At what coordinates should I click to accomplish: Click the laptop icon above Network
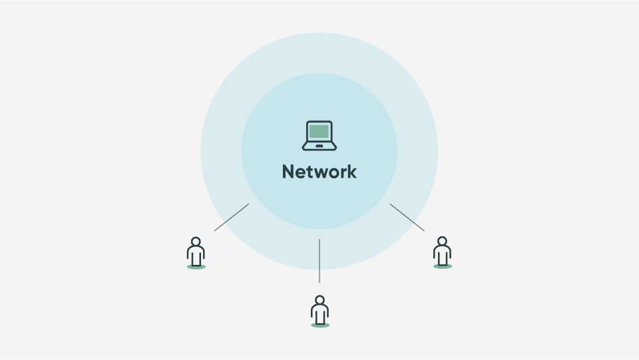click(319, 135)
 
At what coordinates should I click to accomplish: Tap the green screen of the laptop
click(319, 130)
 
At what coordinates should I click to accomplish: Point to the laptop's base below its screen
click(319, 145)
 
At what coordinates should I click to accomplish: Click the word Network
click(319, 172)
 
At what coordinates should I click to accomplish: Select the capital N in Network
click(288, 172)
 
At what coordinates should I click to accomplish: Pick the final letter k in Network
click(351, 172)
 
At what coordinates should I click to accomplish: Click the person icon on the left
click(196, 252)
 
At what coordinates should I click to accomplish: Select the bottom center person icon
click(320, 311)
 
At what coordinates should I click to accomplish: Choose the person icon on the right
click(442, 252)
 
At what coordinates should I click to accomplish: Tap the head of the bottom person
click(320, 299)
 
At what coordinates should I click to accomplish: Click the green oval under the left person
click(196, 267)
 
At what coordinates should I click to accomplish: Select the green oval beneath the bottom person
click(320, 325)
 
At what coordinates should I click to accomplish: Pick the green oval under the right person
click(442, 266)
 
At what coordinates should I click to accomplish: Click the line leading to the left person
click(231, 218)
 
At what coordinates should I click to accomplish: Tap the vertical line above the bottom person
click(319, 261)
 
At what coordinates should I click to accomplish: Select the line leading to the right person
click(407, 218)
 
